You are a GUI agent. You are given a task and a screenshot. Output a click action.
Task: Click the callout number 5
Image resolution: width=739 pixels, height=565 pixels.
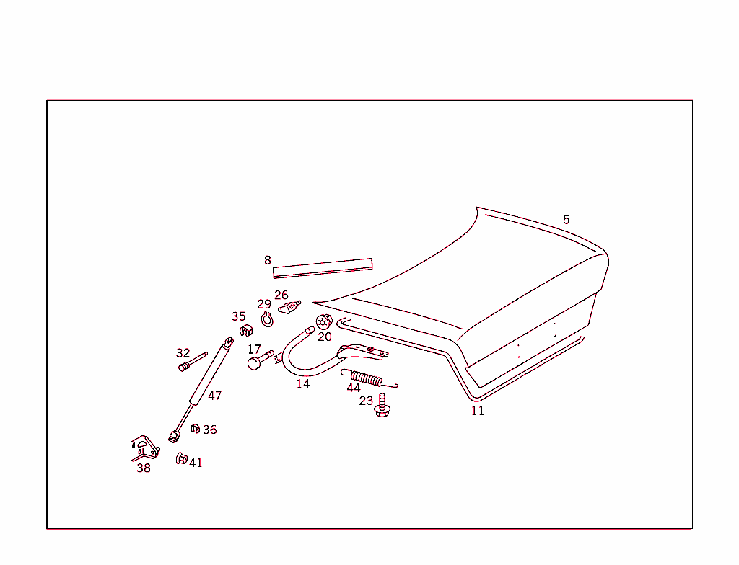click(566, 219)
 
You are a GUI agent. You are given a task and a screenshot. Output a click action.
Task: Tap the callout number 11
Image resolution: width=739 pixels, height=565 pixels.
click(478, 411)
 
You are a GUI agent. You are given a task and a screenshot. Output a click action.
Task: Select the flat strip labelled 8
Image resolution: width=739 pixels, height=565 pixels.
click(323, 268)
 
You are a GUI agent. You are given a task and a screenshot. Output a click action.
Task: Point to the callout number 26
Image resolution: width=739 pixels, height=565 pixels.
click(281, 295)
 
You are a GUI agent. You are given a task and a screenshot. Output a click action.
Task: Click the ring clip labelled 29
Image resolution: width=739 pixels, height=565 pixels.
click(267, 320)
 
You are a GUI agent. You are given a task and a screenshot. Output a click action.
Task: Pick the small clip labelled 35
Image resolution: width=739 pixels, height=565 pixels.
click(245, 331)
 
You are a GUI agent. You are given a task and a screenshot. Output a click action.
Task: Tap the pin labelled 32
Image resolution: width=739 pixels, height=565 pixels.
click(192, 362)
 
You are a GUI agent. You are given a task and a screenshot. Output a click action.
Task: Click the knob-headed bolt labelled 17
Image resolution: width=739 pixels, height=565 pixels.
click(260, 360)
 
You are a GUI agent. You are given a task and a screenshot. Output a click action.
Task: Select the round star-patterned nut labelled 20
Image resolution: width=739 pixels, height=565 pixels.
click(324, 322)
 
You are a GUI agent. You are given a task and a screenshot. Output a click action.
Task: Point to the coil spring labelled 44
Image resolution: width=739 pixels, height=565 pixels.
click(369, 378)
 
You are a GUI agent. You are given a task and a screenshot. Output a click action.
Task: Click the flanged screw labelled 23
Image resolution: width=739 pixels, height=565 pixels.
click(382, 406)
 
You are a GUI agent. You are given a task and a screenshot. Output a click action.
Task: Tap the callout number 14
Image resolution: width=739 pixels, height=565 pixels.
click(303, 384)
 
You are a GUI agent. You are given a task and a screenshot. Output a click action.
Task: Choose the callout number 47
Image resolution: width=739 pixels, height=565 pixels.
click(214, 396)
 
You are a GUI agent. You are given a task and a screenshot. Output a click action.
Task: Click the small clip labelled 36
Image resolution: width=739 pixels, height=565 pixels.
click(195, 429)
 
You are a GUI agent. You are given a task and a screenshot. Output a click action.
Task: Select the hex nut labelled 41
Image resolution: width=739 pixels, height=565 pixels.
click(181, 458)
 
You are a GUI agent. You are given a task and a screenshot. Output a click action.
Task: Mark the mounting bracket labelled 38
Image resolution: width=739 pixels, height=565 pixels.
click(144, 449)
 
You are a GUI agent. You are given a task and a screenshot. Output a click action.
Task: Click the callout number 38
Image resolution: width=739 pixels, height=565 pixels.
click(144, 468)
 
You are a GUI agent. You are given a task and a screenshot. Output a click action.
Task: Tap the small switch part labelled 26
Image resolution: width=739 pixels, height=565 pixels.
click(289, 306)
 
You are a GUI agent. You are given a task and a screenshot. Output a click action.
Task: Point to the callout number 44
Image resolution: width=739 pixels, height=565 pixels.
click(354, 388)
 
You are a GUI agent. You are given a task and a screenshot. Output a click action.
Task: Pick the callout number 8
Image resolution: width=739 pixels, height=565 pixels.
click(268, 260)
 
